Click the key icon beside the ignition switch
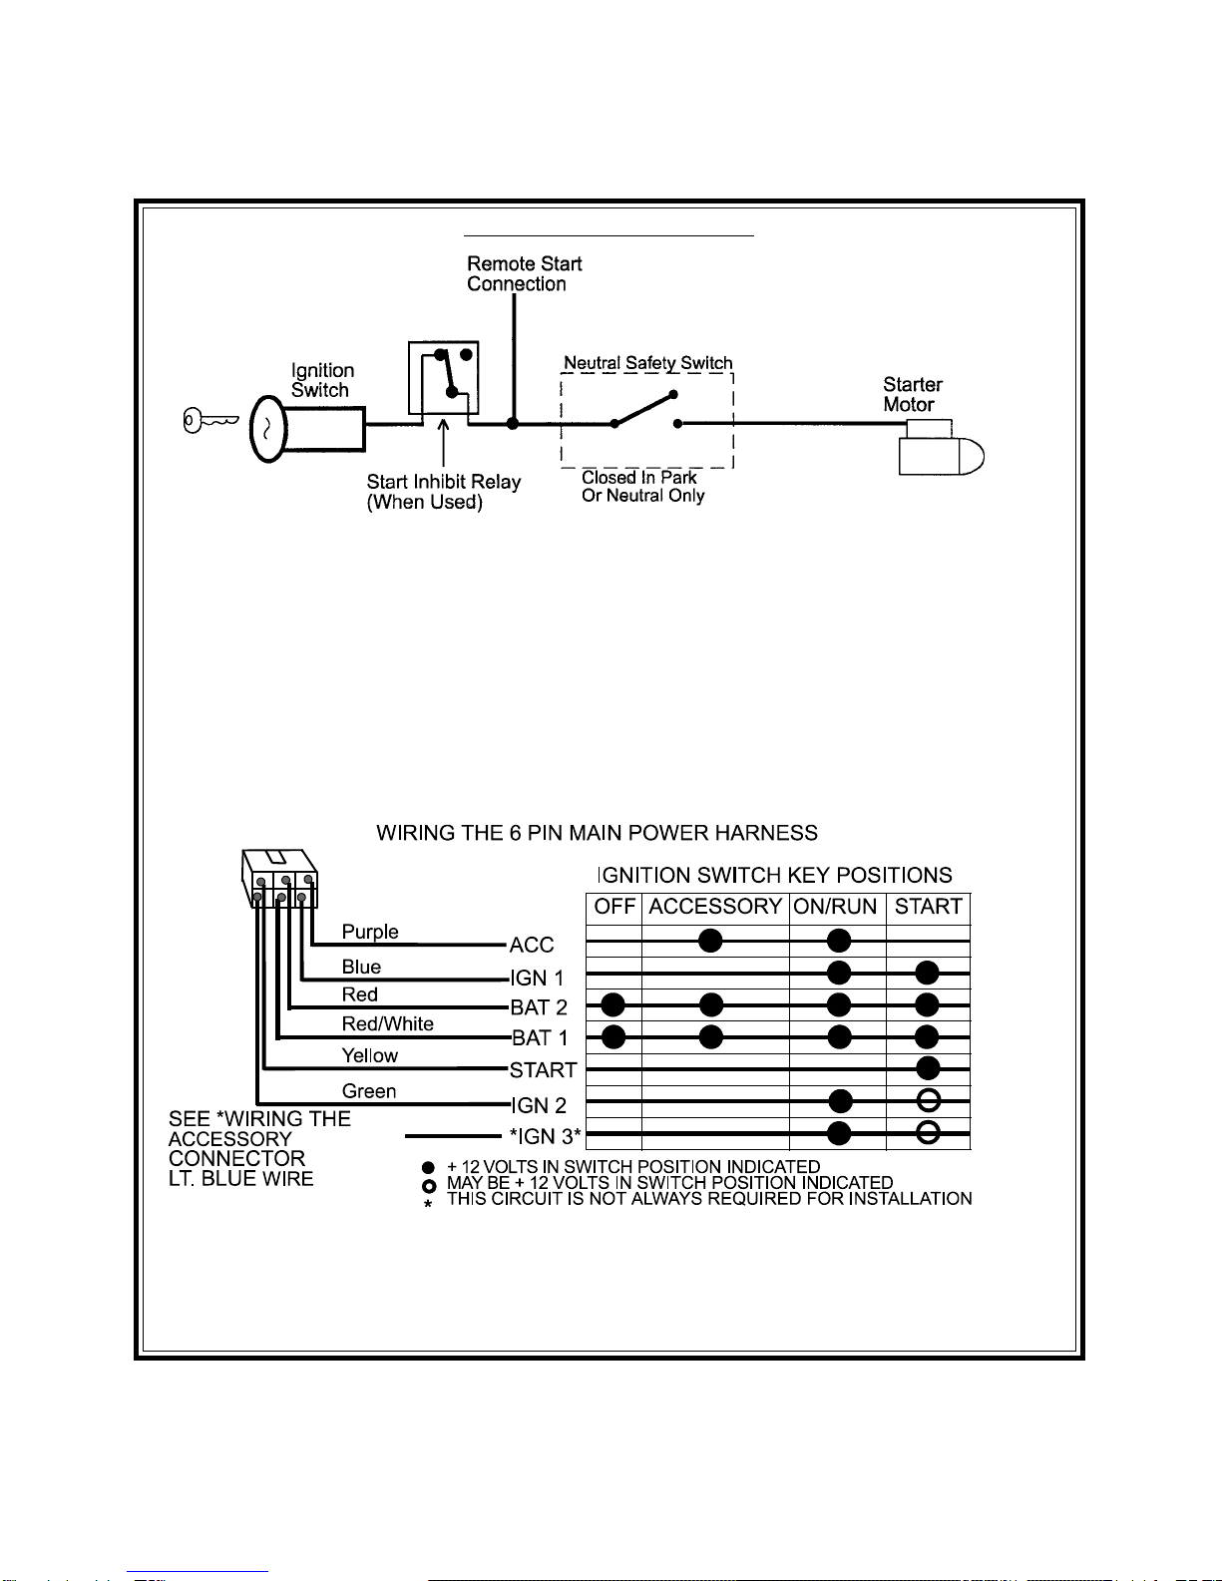coord(210,421)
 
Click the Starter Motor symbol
coord(941,448)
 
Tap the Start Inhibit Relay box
coord(443,378)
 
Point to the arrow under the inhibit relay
coord(443,442)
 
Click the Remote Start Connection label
coord(525,273)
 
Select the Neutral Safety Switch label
coord(648,362)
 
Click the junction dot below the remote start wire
coord(513,423)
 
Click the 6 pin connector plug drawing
coord(279,878)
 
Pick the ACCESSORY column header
coord(715,907)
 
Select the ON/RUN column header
coord(835,907)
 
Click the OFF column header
coord(614,907)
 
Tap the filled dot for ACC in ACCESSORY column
coord(710,941)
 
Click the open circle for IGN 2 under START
coord(928,1101)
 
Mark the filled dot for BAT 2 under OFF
coord(613,1004)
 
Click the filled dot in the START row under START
coord(928,1068)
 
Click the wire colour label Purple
coord(370,932)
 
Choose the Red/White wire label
coord(388,1023)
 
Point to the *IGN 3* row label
coord(545,1136)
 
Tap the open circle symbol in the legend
coord(429,1186)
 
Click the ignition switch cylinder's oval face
coord(267,429)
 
